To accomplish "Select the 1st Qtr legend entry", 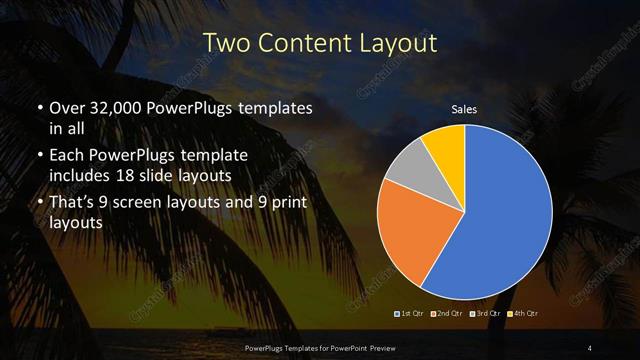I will pyautogui.click(x=412, y=313).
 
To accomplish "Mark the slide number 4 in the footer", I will pyautogui.click(x=590, y=347).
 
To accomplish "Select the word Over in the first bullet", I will pyautogui.click(x=67, y=108).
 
